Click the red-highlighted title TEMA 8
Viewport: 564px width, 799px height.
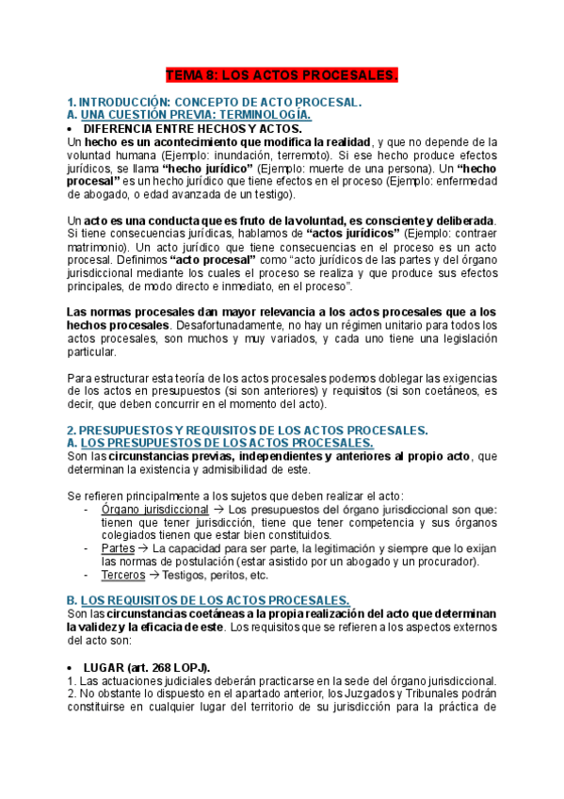(282, 74)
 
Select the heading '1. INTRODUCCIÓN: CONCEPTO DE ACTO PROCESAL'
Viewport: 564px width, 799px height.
(215, 101)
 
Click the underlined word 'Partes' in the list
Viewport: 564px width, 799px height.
(117, 547)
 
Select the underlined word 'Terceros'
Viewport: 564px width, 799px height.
(122, 575)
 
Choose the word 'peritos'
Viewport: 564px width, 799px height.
(228, 575)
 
